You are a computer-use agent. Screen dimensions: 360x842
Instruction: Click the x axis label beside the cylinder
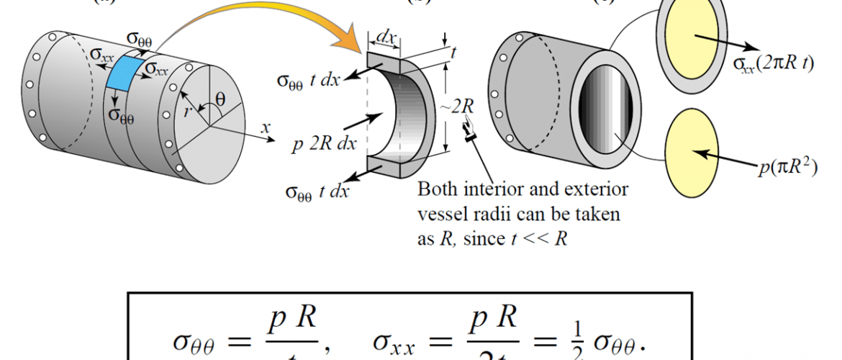click(266, 127)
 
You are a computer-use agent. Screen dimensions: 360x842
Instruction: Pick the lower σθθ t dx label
click(317, 192)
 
